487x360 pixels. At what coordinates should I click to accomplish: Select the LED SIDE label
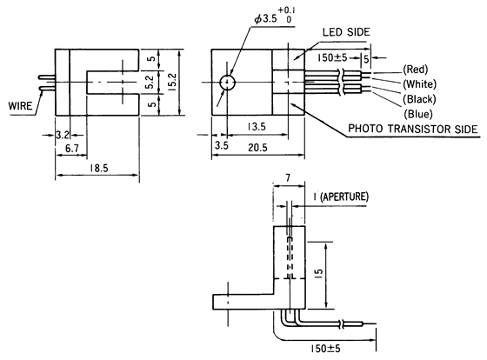point(347,32)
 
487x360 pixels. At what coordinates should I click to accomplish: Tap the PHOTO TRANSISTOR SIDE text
point(413,129)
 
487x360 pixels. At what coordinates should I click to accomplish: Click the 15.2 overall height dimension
point(172,83)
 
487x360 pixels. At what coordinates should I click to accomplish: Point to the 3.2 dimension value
point(62,136)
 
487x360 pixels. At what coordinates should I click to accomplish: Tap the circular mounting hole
point(227,83)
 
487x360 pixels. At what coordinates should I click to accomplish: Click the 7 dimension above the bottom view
point(287,179)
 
